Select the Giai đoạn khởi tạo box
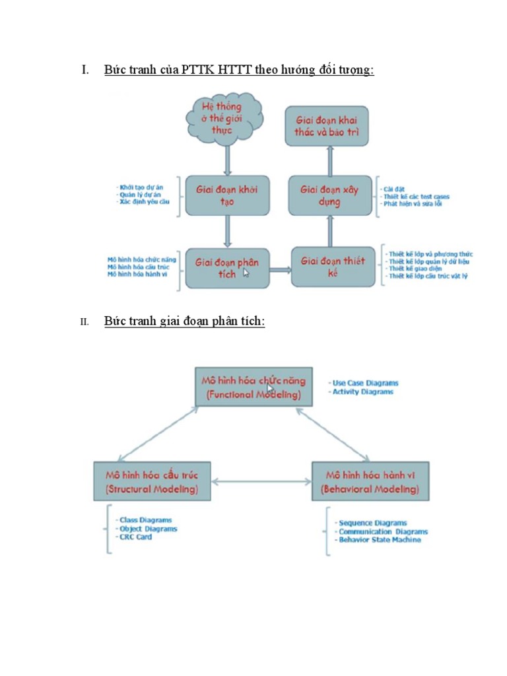click(x=227, y=195)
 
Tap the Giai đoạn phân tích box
click(x=227, y=267)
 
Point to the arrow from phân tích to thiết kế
click(x=280, y=269)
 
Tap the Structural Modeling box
click(x=152, y=482)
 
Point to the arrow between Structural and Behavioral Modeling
click(x=261, y=482)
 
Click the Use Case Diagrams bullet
click(x=365, y=383)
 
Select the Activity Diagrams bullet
click(x=362, y=392)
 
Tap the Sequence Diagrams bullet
click(x=372, y=523)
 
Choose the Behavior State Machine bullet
click(x=379, y=540)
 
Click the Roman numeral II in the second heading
click(x=84, y=322)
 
